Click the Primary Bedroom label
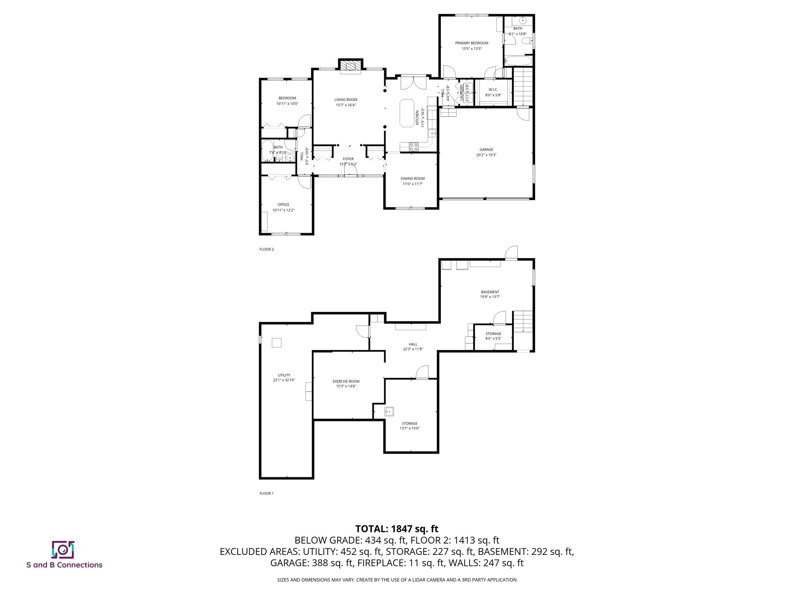pos(471,43)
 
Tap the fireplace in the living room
pos(350,66)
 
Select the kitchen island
pos(407,113)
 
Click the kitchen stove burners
pos(414,147)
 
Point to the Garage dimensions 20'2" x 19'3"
pos(486,155)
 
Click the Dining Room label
pos(413,179)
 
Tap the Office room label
pos(283,204)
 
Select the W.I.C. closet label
pos(493,90)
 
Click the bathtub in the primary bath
pos(518,61)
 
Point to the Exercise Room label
pos(346,381)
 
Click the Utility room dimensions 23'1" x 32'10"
pos(284,380)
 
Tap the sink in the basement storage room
pos(389,411)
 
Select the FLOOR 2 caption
pos(266,249)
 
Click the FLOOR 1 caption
pos(266,494)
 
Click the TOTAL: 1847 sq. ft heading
pos(397,528)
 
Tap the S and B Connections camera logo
pos(63,549)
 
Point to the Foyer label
pos(348,159)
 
